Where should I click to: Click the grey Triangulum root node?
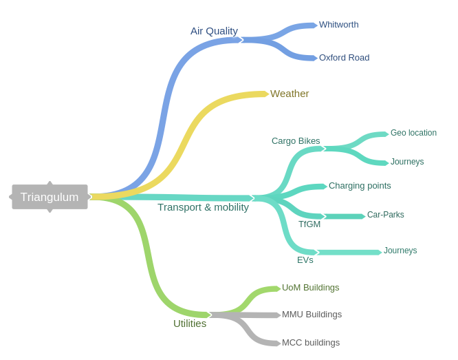pyautogui.click(x=50, y=197)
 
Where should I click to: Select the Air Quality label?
pyautogui.click(x=214, y=31)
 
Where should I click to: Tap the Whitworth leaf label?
pyautogui.click(x=338, y=25)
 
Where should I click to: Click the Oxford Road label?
pyautogui.click(x=344, y=58)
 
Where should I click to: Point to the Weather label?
pyautogui.click(x=290, y=94)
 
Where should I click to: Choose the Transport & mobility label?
pyautogui.click(x=203, y=207)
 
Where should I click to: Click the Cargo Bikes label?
pyautogui.click(x=296, y=141)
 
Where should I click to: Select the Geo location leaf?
pyautogui.click(x=413, y=133)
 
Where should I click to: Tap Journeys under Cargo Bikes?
pyautogui.click(x=407, y=162)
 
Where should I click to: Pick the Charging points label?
pyautogui.click(x=360, y=186)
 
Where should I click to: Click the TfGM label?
pyautogui.click(x=309, y=224)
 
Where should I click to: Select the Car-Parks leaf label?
pyautogui.click(x=386, y=215)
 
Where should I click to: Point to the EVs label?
pyautogui.click(x=305, y=260)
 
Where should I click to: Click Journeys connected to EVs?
pyautogui.click(x=400, y=251)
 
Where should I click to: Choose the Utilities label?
pyautogui.click(x=190, y=324)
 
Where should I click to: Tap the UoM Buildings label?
pyautogui.click(x=311, y=288)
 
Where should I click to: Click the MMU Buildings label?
pyautogui.click(x=312, y=315)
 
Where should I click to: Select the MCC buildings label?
pyautogui.click(x=311, y=343)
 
